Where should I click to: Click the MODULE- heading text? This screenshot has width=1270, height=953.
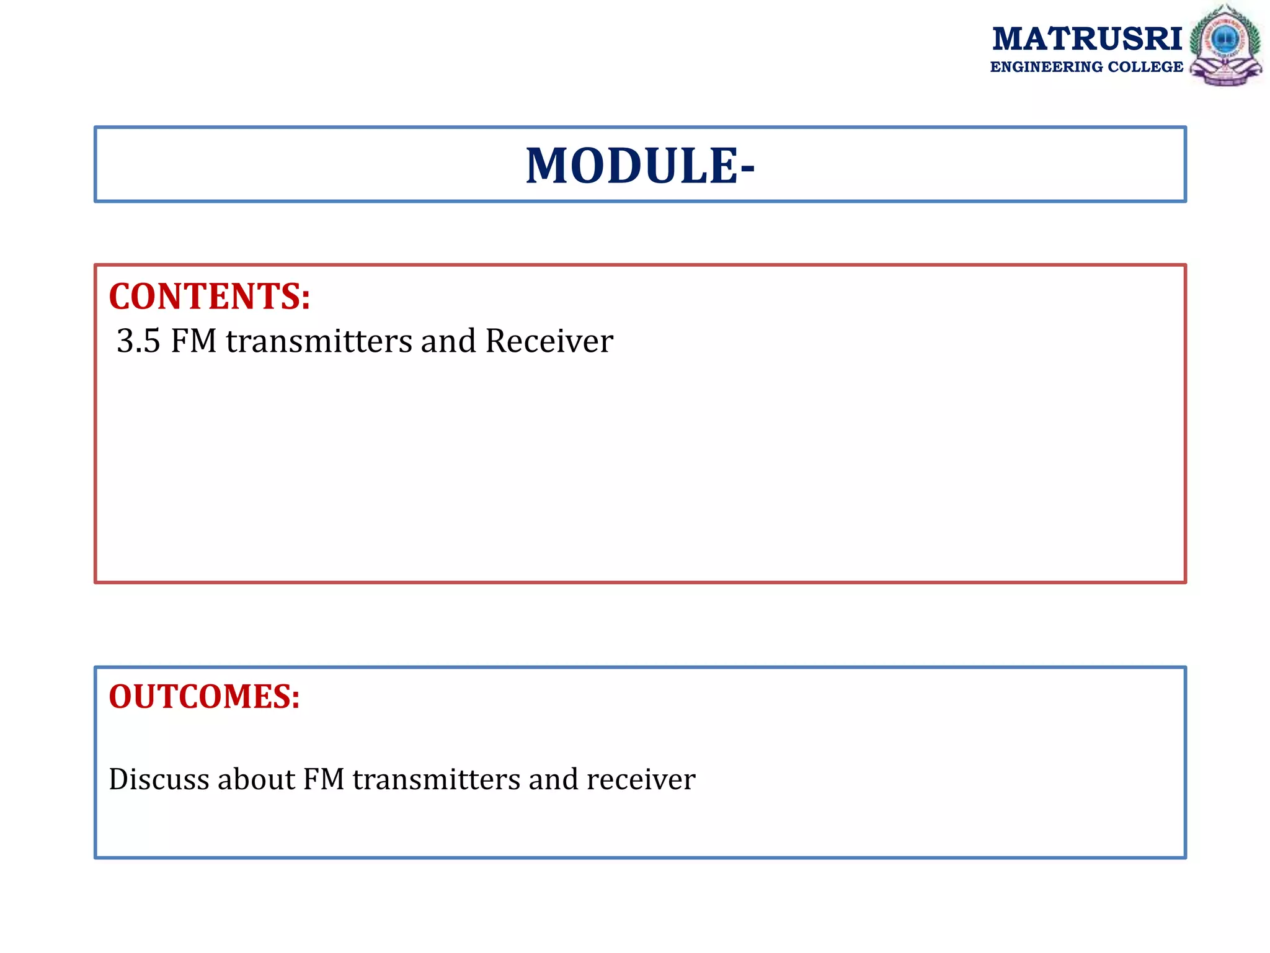click(x=639, y=166)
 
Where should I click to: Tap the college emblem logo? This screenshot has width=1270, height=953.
click(x=1225, y=45)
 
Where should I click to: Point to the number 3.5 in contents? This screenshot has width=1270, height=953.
click(x=138, y=341)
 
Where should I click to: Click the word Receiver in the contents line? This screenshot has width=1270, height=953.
click(x=549, y=341)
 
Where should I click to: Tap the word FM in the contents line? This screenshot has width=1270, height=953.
click(x=193, y=341)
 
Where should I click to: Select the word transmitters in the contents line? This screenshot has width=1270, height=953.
click(x=319, y=341)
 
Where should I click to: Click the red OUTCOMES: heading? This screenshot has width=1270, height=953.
click(x=204, y=696)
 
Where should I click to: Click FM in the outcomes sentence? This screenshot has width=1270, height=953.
click(x=323, y=779)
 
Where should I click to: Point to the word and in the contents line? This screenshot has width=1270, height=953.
click(x=448, y=341)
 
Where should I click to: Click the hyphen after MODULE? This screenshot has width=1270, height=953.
click(x=747, y=168)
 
